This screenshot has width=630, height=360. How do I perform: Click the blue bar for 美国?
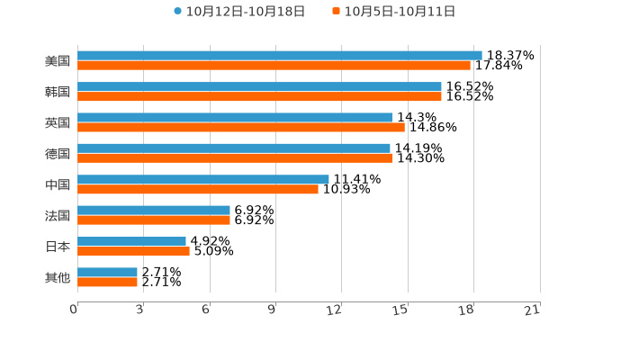279,55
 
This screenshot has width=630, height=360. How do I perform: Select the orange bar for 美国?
274,66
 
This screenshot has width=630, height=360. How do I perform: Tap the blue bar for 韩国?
259,86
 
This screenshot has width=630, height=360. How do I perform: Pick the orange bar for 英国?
240,128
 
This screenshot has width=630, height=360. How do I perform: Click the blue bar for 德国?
233,148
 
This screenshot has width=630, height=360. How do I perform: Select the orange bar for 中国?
197,190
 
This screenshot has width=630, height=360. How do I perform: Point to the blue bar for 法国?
153,211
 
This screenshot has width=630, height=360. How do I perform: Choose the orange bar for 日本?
133,252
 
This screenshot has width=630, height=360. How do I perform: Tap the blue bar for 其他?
107,272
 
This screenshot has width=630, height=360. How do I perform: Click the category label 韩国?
58,92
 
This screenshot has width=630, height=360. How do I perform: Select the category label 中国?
58,184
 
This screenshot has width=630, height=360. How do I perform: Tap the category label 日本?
58,247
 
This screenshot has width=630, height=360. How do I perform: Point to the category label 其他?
58,277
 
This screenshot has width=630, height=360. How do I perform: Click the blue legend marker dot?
178,12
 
